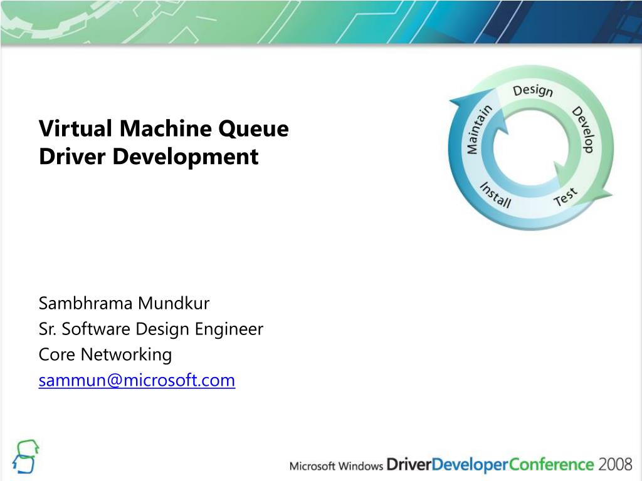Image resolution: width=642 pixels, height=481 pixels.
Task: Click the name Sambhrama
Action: coord(86,304)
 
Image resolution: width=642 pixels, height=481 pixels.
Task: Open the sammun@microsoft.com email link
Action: coord(137,380)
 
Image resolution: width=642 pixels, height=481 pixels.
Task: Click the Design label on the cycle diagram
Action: coord(533,91)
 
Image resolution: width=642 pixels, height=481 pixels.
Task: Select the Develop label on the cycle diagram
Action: coord(582,129)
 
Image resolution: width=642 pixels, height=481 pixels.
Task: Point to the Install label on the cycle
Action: coord(496,195)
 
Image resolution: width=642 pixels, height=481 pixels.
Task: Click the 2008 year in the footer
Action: coord(615,465)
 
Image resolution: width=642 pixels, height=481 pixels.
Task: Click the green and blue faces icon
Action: coord(26,456)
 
